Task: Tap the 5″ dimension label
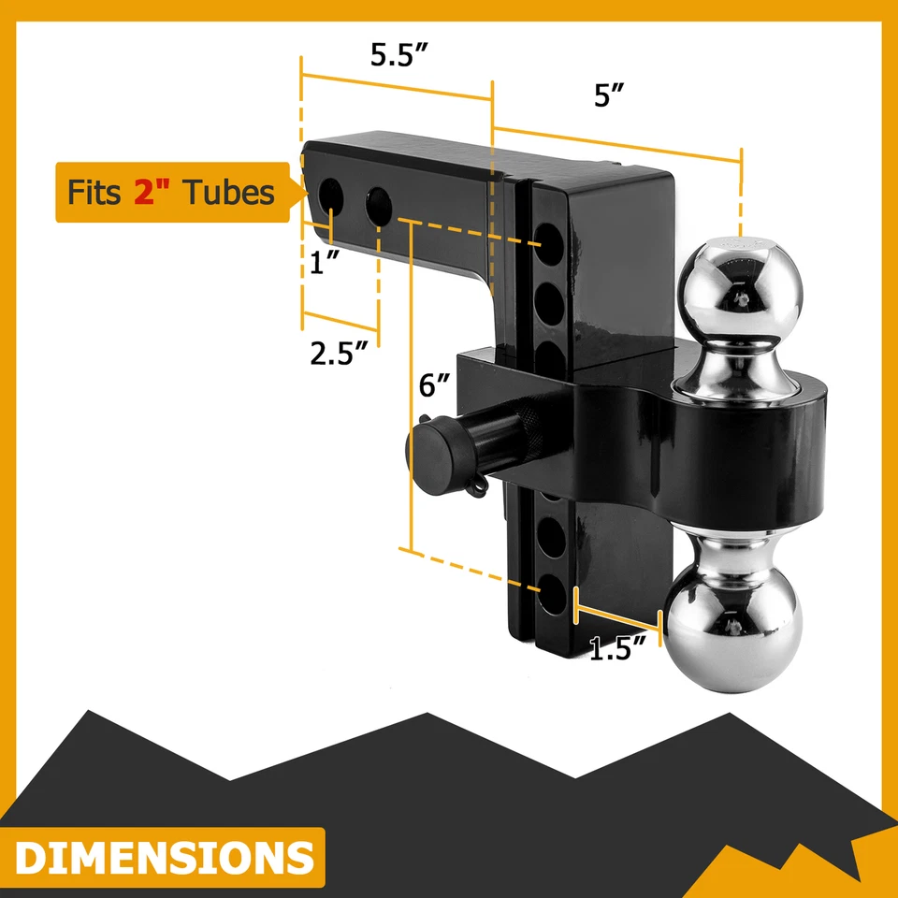point(609,95)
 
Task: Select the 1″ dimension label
point(324,265)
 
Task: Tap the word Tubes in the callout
point(228,193)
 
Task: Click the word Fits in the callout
point(94,193)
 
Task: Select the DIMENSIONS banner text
point(165,857)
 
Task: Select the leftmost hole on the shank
point(329,198)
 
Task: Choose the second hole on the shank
point(379,206)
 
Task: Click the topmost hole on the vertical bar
point(553,245)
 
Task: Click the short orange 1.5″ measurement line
point(619,616)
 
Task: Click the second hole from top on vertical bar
point(553,302)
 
